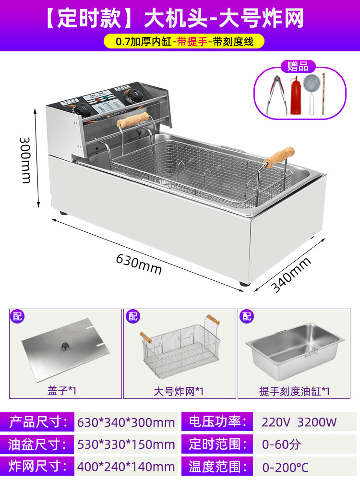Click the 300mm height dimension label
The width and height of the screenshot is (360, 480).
point(25,159)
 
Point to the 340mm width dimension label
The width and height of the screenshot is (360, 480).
point(291,275)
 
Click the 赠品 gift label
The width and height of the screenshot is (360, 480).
point(298,66)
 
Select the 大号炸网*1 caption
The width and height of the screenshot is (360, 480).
point(179,391)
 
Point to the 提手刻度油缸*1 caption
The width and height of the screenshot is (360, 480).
point(294,391)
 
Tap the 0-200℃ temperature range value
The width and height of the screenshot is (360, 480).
point(285,466)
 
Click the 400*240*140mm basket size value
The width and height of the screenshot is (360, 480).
point(126,466)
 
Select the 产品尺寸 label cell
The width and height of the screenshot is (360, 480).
point(36,422)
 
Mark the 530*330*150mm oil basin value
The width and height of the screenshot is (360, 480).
point(126,444)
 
